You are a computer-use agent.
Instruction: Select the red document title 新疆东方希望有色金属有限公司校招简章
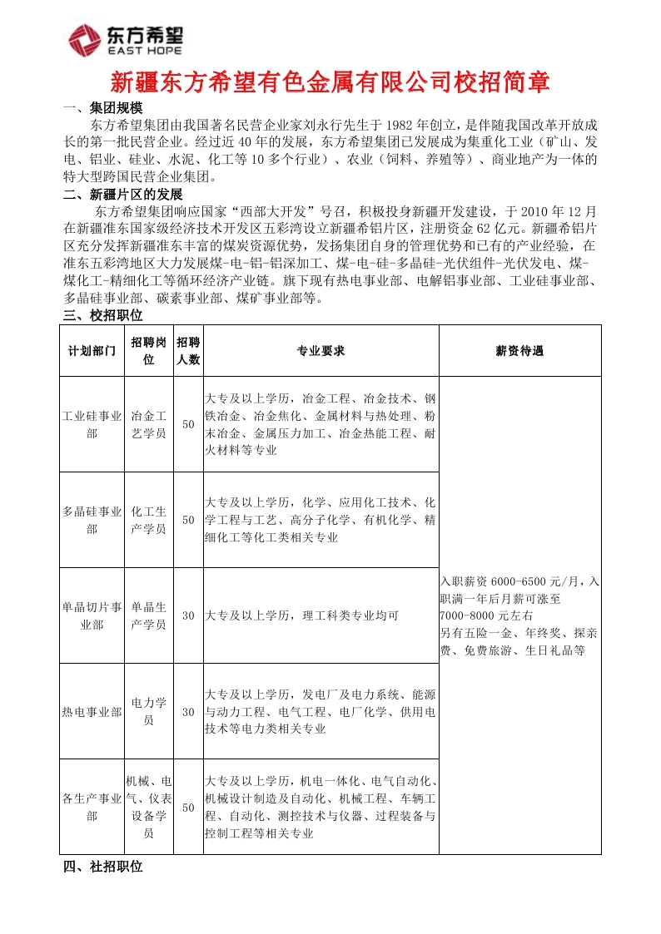point(330,83)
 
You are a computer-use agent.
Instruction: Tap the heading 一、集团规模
point(103,109)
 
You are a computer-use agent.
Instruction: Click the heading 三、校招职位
point(103,315)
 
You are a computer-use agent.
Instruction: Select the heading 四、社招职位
point(103,867)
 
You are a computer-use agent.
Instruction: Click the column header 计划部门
point(92,351)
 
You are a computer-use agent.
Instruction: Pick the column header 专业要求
point(321,351)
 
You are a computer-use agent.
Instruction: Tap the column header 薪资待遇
point(519,351)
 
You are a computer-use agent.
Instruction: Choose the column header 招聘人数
point(188,351)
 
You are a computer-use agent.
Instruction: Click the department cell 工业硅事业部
point(92,424)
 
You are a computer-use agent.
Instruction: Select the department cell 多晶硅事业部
point(92,520)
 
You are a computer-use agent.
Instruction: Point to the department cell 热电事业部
point(92,712)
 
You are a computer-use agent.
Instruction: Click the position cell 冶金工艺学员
point(149,424)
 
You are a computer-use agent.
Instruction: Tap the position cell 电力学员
point(149,712)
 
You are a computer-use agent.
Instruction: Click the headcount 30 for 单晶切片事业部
point(188,616)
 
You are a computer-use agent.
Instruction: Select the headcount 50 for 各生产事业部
point(188,808)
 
